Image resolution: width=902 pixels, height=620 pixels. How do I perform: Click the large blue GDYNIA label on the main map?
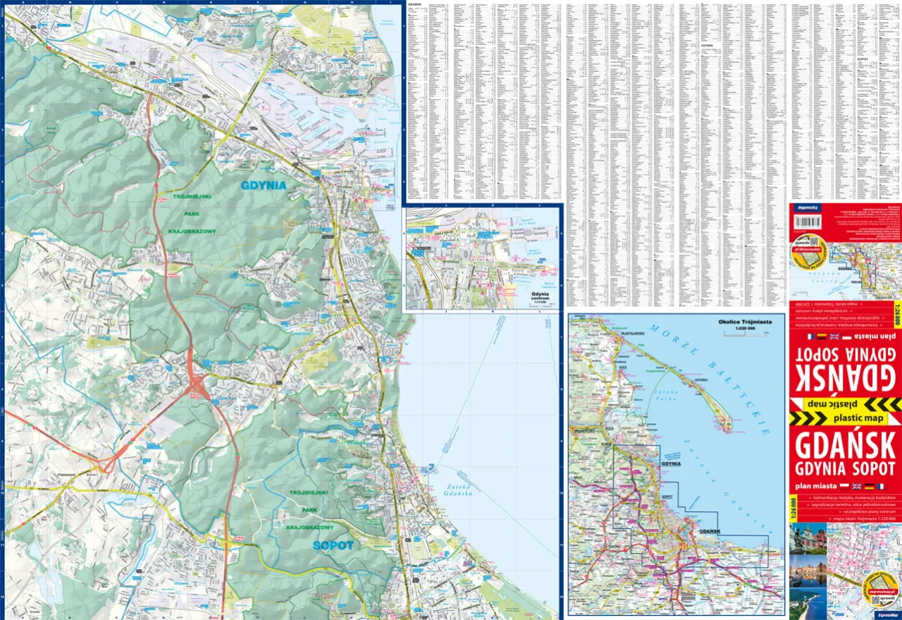(x=264, y=186)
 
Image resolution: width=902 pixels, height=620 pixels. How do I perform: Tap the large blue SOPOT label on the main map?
(x=333, y=545)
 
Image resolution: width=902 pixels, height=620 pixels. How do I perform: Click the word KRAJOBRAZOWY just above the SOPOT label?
(x=309, y=527)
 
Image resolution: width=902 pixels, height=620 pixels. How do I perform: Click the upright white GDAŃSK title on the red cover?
(x=844, y=446)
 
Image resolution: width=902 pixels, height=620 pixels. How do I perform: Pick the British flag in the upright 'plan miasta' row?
(x=856, y=487)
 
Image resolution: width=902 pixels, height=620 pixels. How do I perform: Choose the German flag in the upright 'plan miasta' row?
(x=869, y=487)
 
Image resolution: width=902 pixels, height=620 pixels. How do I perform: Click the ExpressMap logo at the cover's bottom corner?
(x=886, y=614)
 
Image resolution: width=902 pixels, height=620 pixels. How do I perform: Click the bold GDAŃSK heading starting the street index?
(x=414, y=4)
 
